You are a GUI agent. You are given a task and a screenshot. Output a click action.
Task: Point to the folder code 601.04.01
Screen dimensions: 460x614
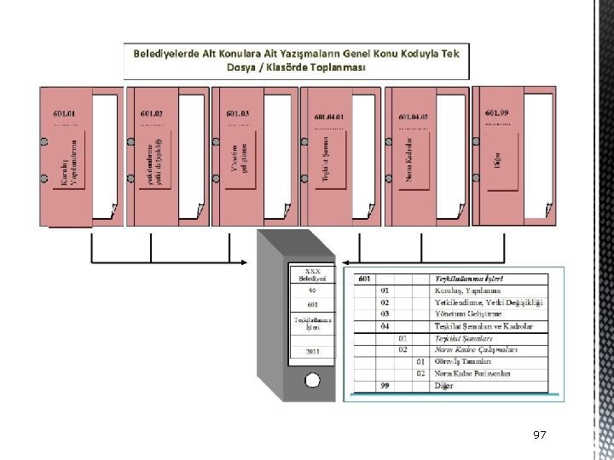[329, 116]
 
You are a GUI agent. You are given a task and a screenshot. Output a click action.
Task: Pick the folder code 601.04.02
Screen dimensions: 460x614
[414, 116]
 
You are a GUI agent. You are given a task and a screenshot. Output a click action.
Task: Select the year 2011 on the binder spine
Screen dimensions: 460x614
[312, 350]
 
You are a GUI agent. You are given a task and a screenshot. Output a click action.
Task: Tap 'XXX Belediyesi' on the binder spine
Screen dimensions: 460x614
[312, 274]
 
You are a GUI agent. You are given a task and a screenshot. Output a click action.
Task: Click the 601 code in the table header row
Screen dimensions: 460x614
[364, 279]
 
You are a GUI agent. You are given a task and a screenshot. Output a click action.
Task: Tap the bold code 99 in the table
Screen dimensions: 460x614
[385, 385]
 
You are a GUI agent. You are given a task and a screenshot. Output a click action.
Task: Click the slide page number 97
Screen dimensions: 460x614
[539, 435]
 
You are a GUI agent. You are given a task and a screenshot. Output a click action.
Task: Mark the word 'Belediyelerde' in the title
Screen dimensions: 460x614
[165, 54]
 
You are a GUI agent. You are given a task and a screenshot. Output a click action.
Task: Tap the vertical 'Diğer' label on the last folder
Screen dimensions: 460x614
[498, 158]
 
